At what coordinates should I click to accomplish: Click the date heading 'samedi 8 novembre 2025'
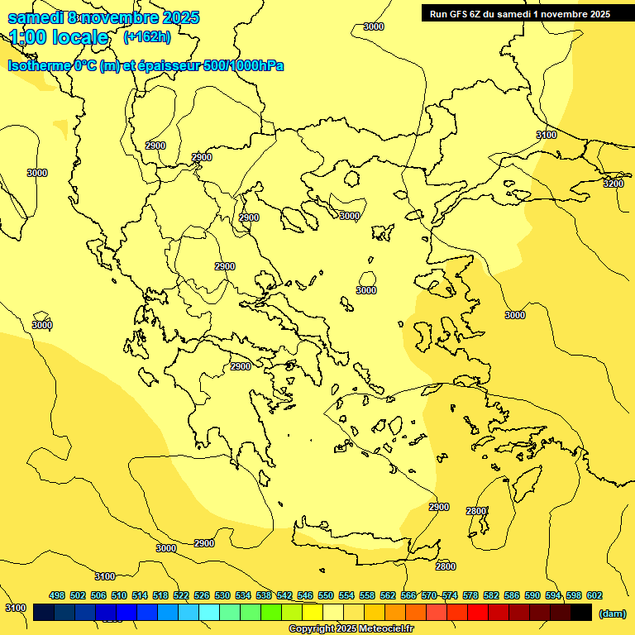(103, 17)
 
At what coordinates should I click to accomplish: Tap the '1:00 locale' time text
(59, 37)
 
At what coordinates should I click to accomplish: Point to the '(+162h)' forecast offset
(146, 36)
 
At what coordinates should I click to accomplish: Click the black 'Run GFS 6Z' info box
(520, 13)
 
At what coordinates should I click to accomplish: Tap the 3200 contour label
(613, 184)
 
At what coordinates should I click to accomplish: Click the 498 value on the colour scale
(57, 595)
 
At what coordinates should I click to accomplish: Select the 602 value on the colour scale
(594, 595)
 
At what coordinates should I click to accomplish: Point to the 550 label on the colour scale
(326, 595)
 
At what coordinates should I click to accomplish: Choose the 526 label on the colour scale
(202, 595)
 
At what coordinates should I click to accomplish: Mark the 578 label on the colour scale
(470, 595)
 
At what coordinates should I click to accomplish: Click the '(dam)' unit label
(612, 613)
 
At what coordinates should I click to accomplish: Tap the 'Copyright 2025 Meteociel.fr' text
(351, 629)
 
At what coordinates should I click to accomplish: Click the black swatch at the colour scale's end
(581, 613)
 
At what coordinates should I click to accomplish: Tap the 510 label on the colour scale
(119, 595)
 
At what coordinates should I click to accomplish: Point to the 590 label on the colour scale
(532, 595)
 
